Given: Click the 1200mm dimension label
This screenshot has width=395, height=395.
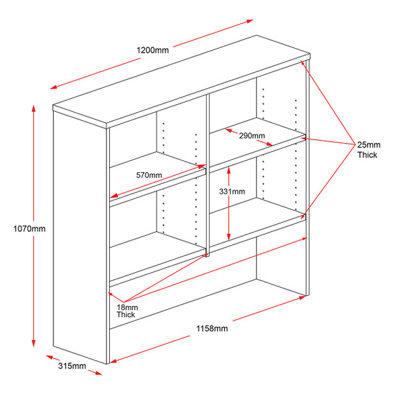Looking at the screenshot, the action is pyautogui.click(x=153, y=51).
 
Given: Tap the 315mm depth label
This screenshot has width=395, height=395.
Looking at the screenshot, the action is pyautogui.click(x=72, y=366).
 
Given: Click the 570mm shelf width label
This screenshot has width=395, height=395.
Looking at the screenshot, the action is pyautogui.click(x=149, y=175).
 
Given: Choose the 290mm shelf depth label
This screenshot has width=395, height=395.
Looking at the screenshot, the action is pyautogui.click(x=252, y=136).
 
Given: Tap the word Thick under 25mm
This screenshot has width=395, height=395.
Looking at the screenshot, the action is pyautogui.click(x=367, y=155).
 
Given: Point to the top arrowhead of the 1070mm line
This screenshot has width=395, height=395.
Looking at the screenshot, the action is pyautogui.click(x=33, y=105).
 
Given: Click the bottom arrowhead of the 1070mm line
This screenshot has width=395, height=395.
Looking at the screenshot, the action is pyautogui.click(x=33, y=348).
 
